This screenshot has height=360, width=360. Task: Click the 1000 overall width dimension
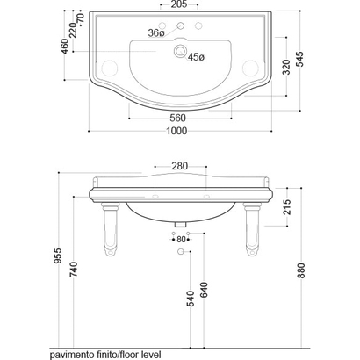tap(176, 131)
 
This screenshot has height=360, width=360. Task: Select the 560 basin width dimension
tap(177, 118)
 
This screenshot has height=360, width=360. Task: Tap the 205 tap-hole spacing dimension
tap(179, 4)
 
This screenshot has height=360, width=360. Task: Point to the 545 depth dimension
tap(300, 59)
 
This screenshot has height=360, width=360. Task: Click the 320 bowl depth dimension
tap(286, 67)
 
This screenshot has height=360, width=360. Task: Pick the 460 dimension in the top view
tap(65, 47)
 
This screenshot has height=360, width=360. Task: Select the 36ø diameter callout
tap(156, 33)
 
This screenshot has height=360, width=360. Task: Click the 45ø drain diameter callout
tap(196, 57)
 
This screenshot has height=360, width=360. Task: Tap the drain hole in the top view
tap(180, 50)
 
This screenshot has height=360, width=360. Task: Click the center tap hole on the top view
tap(181, 25)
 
